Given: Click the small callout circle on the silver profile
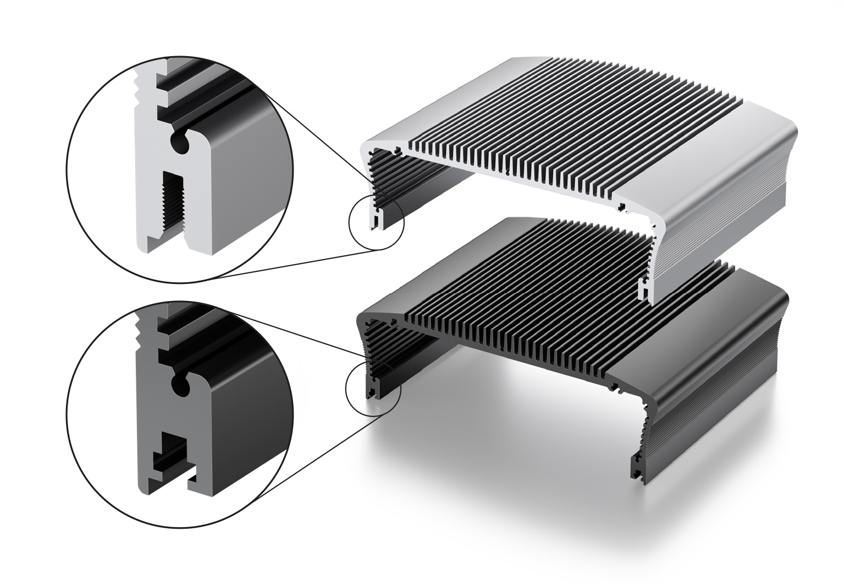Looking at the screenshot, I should coord(377,223).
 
